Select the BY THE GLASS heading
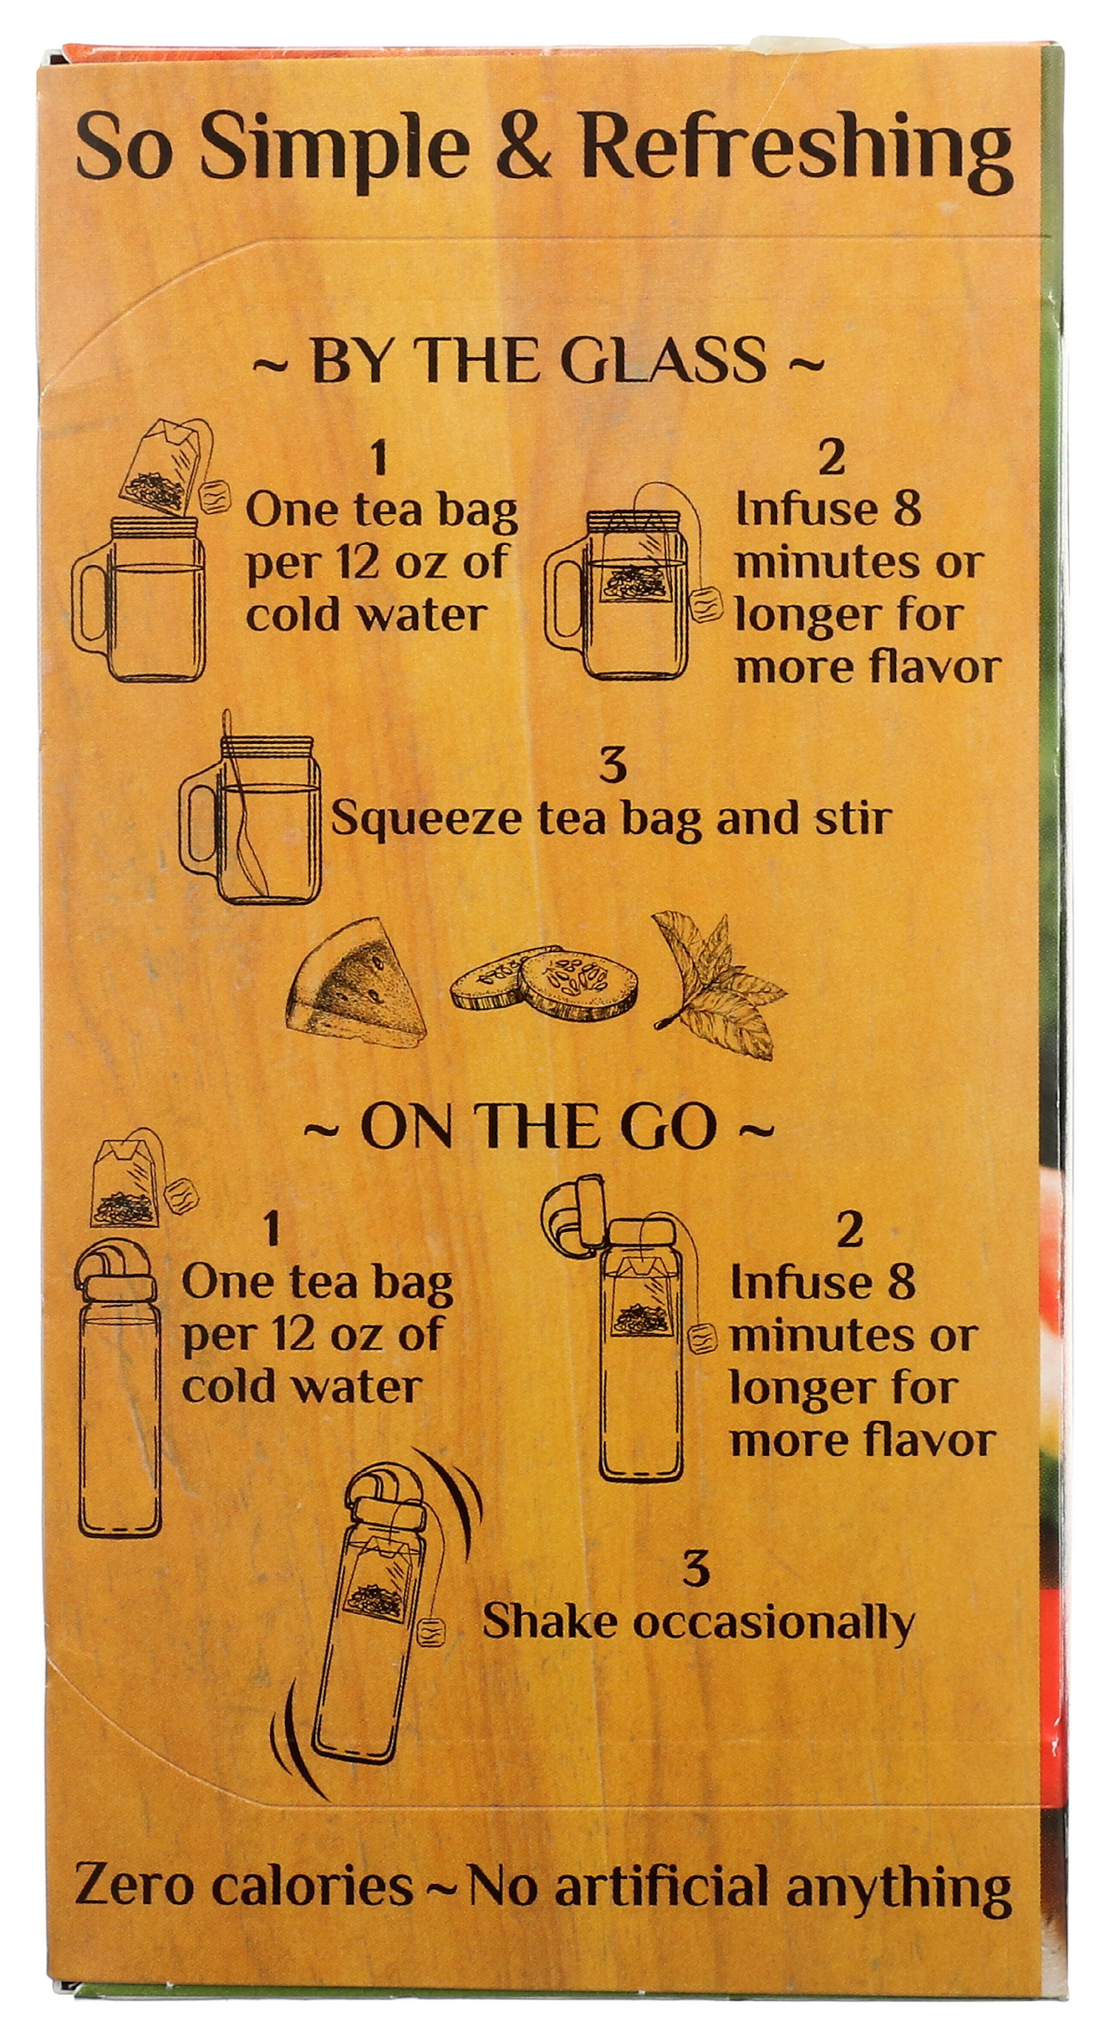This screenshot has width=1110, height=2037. point(538,361)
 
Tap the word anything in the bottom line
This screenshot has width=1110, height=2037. point(898,1908)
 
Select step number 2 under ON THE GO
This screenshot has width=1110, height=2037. point(848,1230)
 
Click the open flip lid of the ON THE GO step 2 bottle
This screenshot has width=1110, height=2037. point(573,1210)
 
